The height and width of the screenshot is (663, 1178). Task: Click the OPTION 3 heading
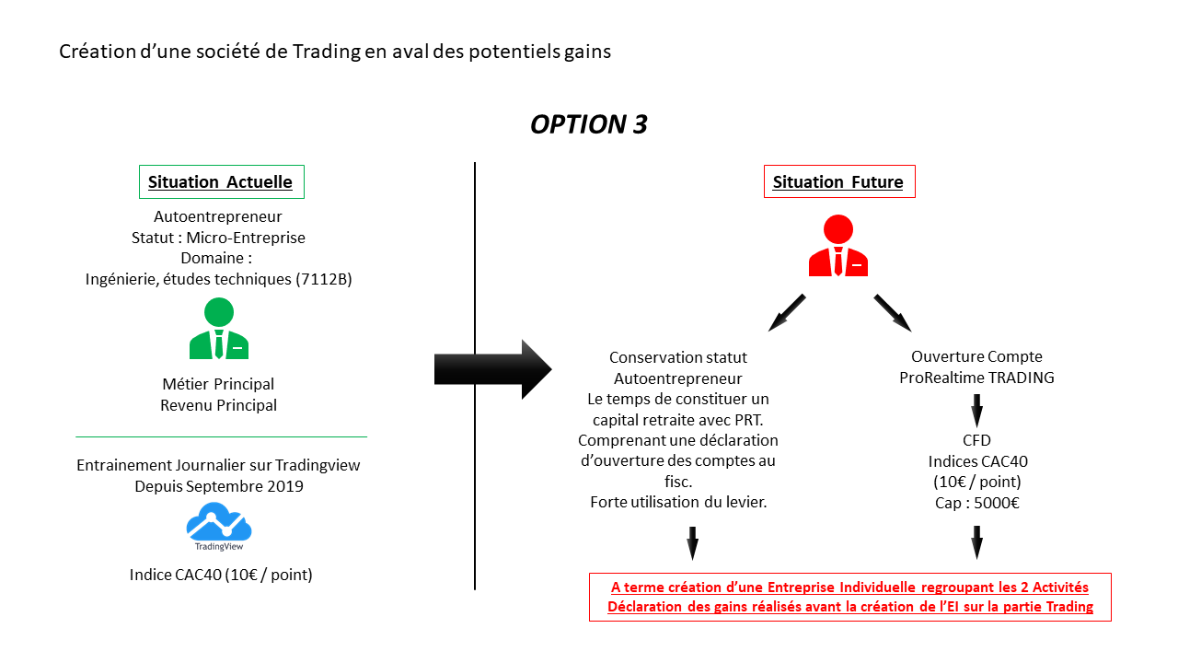click(x=589, y=125)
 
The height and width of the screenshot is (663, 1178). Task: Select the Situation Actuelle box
click(x=221, y=181)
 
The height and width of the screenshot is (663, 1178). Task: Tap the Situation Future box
click(x=838, y=181)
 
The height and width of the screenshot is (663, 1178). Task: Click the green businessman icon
click(x=219, y=329)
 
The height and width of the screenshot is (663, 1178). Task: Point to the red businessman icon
click(x=838, y=246)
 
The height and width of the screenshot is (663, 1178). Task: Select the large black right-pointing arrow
click(x=492, y=369)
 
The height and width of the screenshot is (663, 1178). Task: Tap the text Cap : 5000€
click(x=976, y=503)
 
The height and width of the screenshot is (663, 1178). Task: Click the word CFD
click(x=976, y=440)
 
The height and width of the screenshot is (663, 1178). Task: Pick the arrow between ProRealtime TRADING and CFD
click(x=976, y=408)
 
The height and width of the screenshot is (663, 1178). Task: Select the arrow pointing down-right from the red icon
click(x=892, y=312)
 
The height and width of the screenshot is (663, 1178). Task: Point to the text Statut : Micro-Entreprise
click(x=219, y=238)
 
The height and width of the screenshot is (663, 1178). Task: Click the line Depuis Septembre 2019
click(x=219, y=486)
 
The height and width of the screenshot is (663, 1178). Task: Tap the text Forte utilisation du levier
click(x=679, y=502)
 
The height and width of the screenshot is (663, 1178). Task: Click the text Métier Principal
click(x=219, y=384)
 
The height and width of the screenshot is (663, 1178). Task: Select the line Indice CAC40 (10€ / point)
click(x=221, y=575)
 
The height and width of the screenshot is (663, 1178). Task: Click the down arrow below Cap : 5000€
click(x=976, y=542)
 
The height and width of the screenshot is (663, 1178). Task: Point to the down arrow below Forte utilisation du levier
click(x=693, y=542)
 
